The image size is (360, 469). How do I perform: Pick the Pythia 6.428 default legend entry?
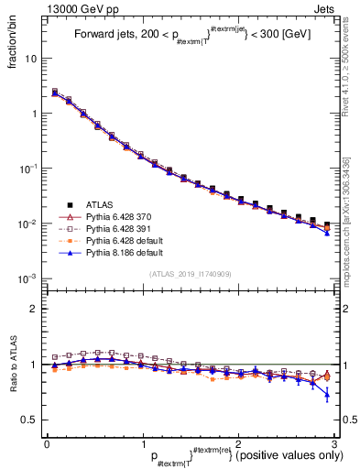123,239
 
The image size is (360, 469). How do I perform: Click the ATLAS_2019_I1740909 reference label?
191,274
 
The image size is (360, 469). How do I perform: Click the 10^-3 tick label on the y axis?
28,278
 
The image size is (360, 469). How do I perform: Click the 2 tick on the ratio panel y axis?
35,309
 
